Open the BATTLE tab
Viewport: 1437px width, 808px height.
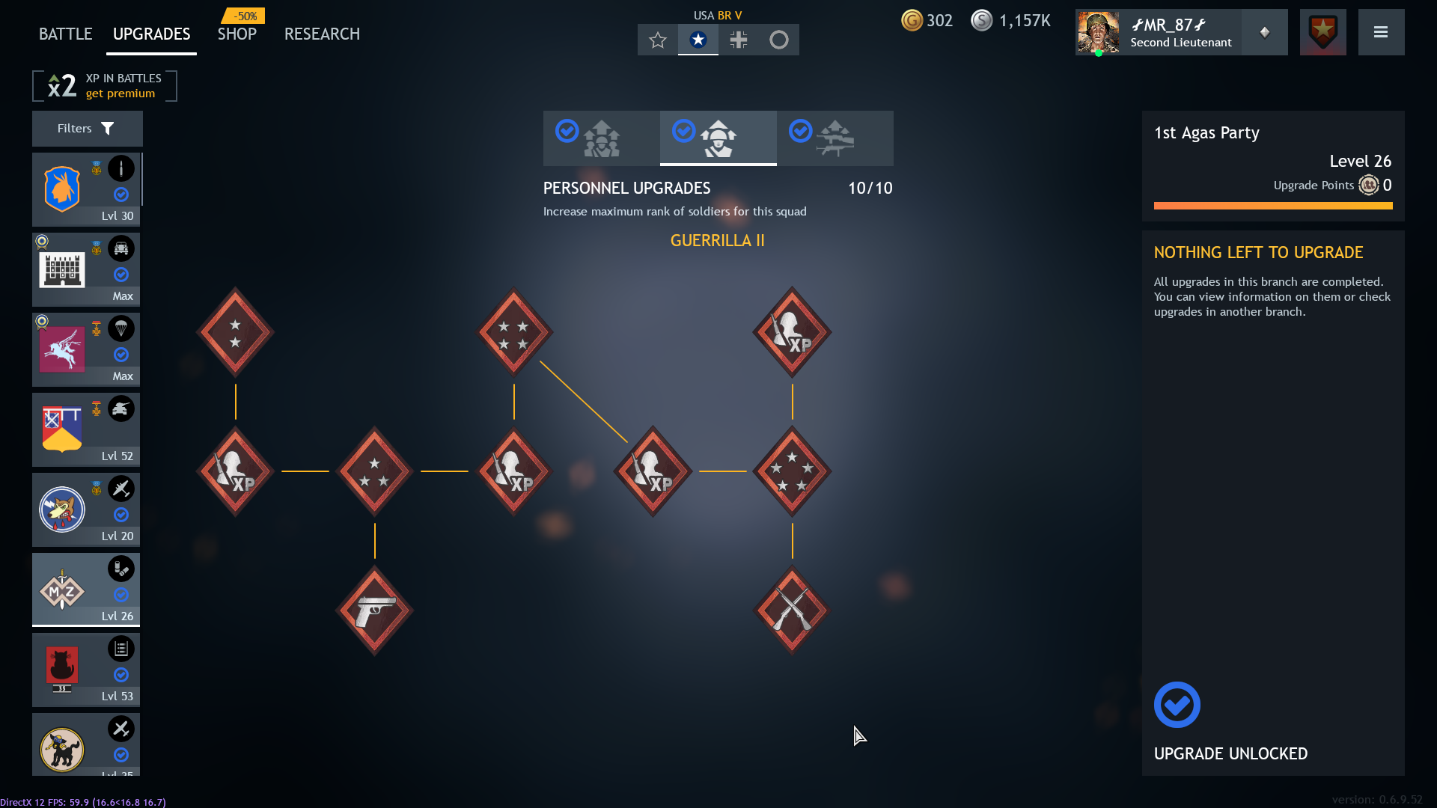click(x=65, y=34)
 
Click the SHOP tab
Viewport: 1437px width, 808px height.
click(x=237, y=34)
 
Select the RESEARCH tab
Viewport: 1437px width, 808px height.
click(x=322, y=34)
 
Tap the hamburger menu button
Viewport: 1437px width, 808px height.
click(x=1381, y=32)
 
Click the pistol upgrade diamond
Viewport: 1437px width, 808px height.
click(x=374, y=610)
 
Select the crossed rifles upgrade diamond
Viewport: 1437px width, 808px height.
click(x=792, y=610)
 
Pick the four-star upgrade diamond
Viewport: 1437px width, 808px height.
click(x=513, y=332)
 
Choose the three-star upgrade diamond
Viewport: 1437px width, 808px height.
click(x=374, y=471)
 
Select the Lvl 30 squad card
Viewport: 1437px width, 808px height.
click(x=86, y=189)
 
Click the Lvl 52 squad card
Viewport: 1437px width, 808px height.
click(x=86, y=429)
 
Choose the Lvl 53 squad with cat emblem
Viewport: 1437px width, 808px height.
click(x=86, y=670)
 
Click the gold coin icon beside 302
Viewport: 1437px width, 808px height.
click(x=912, y=20)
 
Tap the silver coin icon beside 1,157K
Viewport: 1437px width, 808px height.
click(x=981, y=20)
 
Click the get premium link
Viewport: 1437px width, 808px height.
click(x=120, y=94)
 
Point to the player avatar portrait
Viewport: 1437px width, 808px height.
click(x=1098, y=32)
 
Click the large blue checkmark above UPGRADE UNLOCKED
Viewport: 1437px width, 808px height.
click(x=1177, y=705)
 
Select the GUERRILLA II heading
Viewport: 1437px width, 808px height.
click(x=717, y=241)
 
